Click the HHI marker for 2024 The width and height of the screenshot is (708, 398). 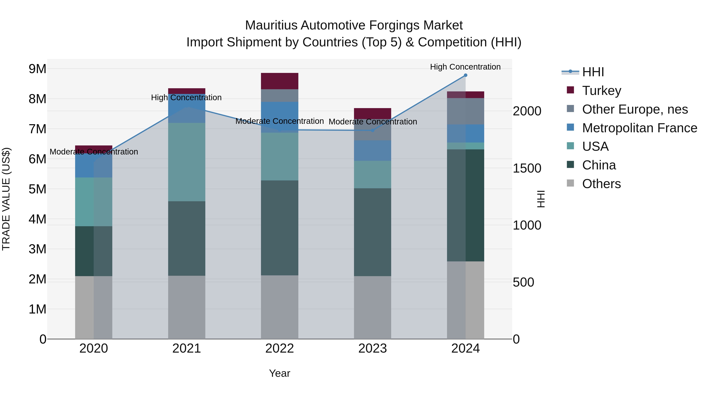point(465,75)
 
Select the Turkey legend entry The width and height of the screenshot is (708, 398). point(601,91)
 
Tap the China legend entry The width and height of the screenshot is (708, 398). point(599,165)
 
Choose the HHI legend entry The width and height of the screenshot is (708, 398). point(593,72)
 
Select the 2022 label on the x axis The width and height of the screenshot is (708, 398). point(279,348)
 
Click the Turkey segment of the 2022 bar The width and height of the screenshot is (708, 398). point(279,81)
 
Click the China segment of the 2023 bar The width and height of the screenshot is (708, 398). point(372,232)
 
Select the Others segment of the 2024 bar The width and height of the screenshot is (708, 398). point(465,300)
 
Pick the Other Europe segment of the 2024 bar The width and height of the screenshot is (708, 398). point(465,111)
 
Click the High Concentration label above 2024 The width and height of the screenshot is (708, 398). point(465,67)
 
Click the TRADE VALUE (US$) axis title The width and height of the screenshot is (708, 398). point(6,199)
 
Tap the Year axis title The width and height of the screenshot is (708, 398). point(279,373)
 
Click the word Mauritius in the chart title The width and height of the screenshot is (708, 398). point(271,25)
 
